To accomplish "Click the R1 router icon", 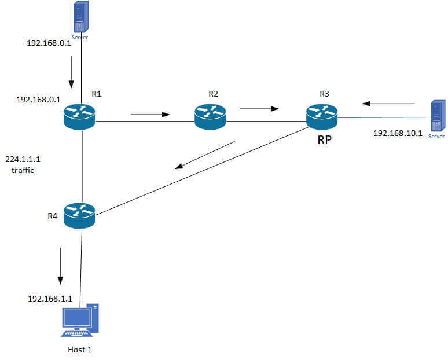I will tap(79, 116).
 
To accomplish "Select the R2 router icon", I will tap(210, 116).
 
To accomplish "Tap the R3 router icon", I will tap(322, 117).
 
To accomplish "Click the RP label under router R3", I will tap(324, 140).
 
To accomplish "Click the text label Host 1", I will tap(80, 350).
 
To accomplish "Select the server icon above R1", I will tap(80, 17).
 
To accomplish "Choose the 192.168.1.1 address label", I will tap(50, 299).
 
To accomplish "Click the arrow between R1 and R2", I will tap(150, 114).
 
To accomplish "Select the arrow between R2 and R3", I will tap(259, 108).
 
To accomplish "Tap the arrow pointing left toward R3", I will tap(389, 104).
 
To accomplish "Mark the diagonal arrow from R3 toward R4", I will tap(205, 155).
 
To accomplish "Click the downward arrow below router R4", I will tap(60, 266).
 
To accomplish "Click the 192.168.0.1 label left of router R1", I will tap(38, 100).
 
